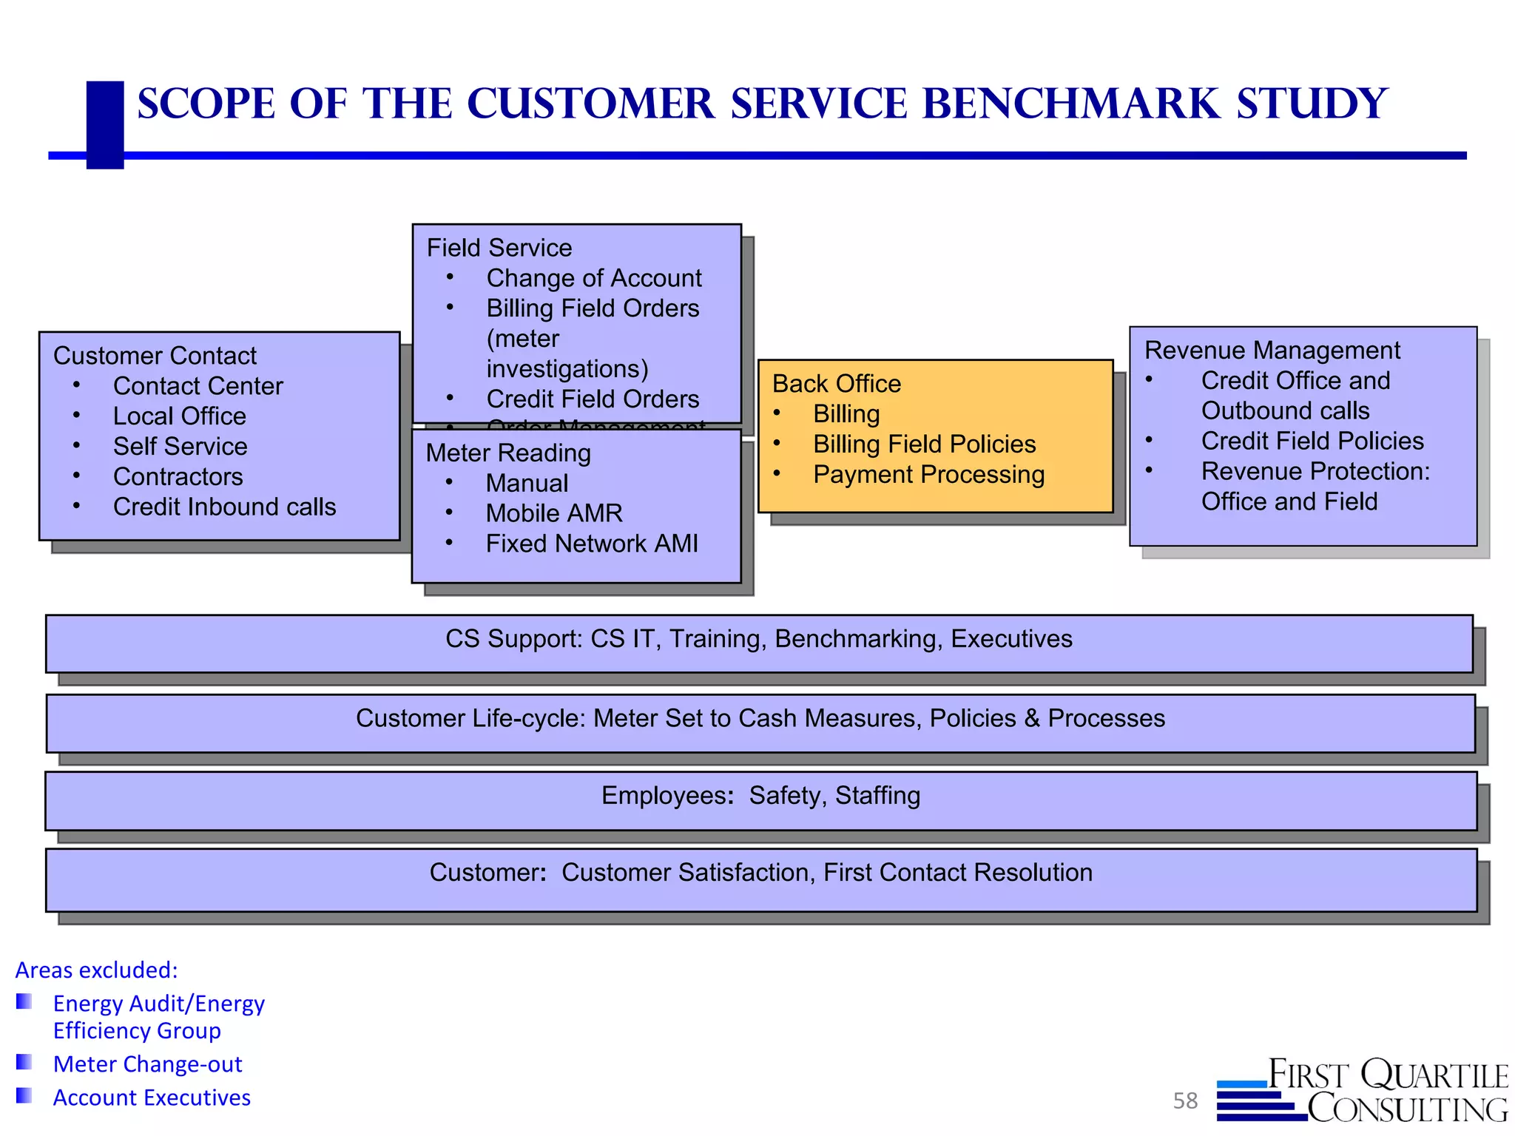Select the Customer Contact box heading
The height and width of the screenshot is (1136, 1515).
pyautogui.click(x=155, y=356)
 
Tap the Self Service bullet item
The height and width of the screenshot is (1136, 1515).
pyautogui.click(x=180, y=447)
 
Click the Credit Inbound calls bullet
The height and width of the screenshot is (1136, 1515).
pyautogui.click(x=224, y=507)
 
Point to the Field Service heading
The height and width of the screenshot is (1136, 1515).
pyautogui.click(x=499, y=248)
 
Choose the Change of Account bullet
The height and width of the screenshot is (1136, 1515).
pyautogui.click(x=593, y=278)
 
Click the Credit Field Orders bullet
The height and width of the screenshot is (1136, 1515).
pyautogui.click(x=593, y=399)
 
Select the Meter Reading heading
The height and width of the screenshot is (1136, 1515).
pyautogui.click(x=508, y=453)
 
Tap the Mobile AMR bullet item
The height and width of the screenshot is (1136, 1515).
pyautogui.click(x=554, y=513)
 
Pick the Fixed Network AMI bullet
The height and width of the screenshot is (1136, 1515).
pyautogui.click(x=592, y=544)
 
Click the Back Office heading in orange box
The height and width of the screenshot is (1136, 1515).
pyautogui.click(x=837, y=384)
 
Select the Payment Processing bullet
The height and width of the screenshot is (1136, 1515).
pyautogui.click(x=928, y=475)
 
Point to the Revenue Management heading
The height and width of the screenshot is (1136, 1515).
pyautogui.click(x=1272, y=351)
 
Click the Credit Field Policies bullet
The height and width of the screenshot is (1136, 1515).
pyautogui.click(x=1312, y=441)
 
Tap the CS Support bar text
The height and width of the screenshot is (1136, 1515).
pyautogui.click(x=758, y=639)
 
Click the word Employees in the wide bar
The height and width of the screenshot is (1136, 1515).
pyautogui.click(x=664, y=796)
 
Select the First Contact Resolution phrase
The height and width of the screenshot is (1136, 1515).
pyautogui.click(x=958, y=873)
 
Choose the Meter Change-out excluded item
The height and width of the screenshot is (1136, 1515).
pyautogui.click(x=147, y=1064)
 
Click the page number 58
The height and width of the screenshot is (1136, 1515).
pyautogui.click(x=1185, y=1101)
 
